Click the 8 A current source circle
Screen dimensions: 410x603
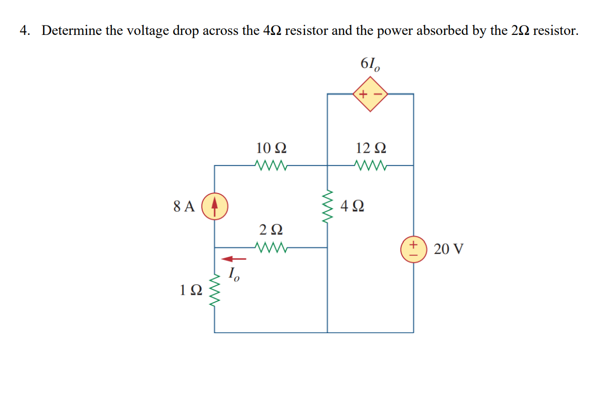click(x=215, y=206)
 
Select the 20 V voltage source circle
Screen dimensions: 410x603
click(x=413, y=248)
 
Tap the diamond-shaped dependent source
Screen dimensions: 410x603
click(x=370, y=94)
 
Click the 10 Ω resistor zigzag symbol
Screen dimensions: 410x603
click(x=270, y=165)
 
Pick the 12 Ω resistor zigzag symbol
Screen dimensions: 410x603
click(x=370, y=165)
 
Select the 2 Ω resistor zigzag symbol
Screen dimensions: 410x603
click(x=270, y=247)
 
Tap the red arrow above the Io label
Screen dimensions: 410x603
click(x=234, y=259)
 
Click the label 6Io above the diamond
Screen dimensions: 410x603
click(x=370, y=64)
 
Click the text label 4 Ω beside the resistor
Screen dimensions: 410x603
click(x=352, y=205)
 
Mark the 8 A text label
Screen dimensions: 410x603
click(x=184, y=206)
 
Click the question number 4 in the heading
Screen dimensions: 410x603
click(x=24, y=31)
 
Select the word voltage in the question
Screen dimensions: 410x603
click(x=148, y=31)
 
